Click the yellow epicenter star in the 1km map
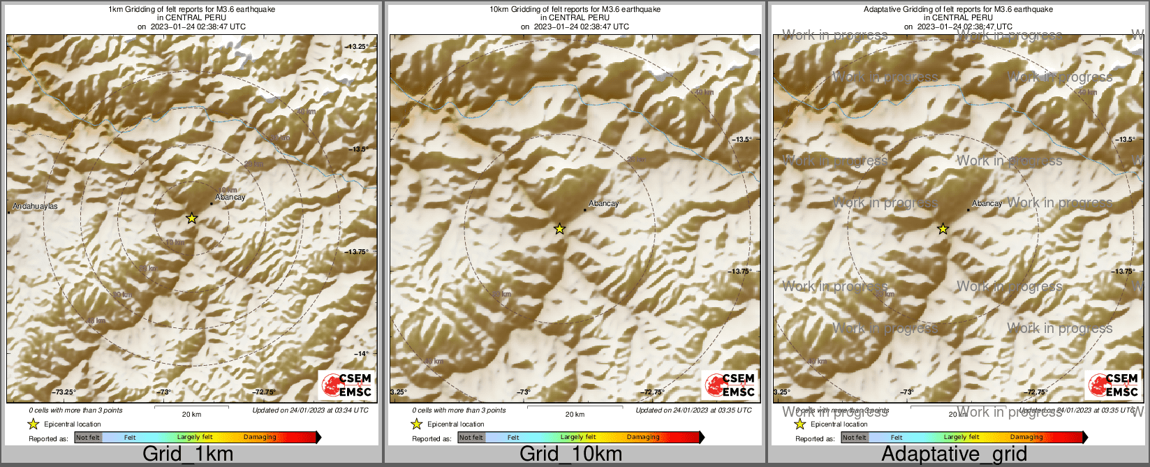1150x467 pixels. [192, 218]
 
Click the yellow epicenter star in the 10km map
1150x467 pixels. [559, 228]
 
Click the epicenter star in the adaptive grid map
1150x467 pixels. [943, 228]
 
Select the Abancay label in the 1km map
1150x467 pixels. [230, 198]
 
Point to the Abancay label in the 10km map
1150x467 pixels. [604, 204]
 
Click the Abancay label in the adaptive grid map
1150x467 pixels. [987, 204]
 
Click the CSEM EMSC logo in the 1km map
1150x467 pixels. [347, 385]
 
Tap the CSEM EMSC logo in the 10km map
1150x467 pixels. [730, 385]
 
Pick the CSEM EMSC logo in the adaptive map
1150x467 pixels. [1114, 385]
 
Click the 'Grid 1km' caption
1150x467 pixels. [188, 454]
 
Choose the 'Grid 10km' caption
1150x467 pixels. [570, 454]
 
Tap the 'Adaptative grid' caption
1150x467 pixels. [954, 454]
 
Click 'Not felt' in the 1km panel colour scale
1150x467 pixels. [88, 438]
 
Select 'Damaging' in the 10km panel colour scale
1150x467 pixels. [643, 438]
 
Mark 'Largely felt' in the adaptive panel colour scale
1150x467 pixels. [961, 438]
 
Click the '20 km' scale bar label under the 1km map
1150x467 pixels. [191, 415]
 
